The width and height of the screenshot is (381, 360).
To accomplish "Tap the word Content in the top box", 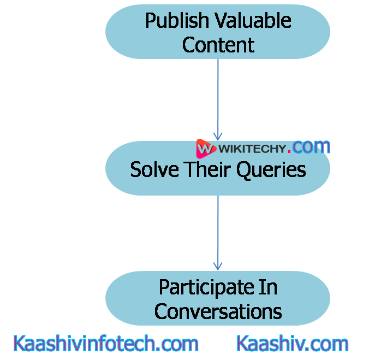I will [x=218, y=45].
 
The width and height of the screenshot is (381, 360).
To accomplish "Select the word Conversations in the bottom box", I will [x=218, y=311].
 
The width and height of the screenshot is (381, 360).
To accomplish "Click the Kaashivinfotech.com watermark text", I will [x=105, y=344].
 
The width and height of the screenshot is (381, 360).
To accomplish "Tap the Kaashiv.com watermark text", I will [x=293, y=344].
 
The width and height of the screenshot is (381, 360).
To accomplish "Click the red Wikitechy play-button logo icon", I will [x=205, y=148].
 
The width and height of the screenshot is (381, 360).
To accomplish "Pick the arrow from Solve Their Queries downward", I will [x=218, y=229].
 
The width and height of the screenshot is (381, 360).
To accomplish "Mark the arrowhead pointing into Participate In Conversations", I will [x=218, y=265].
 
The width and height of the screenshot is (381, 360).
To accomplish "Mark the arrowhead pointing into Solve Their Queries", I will [x=218, y=136].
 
